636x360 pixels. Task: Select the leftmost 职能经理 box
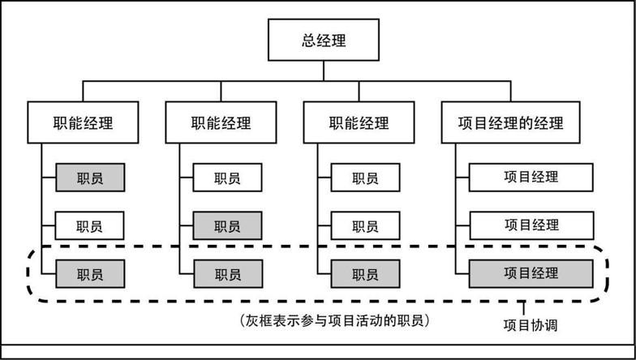(83, 123)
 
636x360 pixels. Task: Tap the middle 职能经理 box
(221, 123)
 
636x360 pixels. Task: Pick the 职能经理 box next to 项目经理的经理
(359, 123)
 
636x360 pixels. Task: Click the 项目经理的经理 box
(510, 123)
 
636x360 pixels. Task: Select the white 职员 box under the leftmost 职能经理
(90, 225)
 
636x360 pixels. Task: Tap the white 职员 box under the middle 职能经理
(228, 178)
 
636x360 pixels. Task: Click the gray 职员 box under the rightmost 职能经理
(366, 274)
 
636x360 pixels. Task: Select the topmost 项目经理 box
(531, 177)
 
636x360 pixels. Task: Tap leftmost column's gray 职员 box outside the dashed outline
(90, 178)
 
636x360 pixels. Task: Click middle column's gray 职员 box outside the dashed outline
(228, 225)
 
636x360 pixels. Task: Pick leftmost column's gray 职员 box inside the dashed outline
(90, 274)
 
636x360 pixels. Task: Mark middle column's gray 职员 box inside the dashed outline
(228, 274)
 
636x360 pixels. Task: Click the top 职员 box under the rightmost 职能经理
(366, 178)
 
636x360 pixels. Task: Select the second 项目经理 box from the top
(531, 225)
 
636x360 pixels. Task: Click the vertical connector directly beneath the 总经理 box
(324, 71)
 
